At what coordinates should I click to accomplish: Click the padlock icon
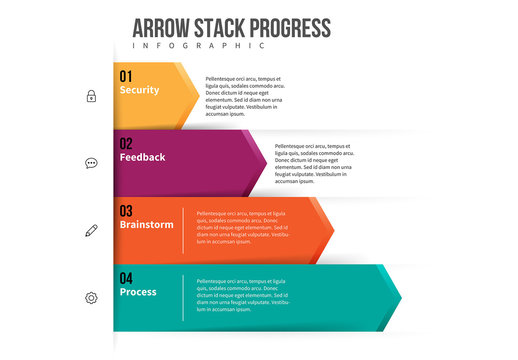pyautogui.click(x=91, y=96)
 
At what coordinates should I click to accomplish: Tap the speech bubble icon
pyautogui.click(x=91, y=163)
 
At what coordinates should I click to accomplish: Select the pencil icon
pyautogui.click(x=91, y=230)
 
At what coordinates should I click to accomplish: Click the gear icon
pyautogui.click(x=91, y=297)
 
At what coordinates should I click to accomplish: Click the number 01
pyautogui.click(x=126, y=76)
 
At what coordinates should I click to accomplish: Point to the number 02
pyautogui.click(x=126, y=143)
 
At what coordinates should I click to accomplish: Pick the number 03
pyautogui.click(x=126, y=211)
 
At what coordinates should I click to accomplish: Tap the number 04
pyautogui.click(x=126, y=278)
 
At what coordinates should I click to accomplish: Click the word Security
pyautogui.click(x=139, y=90)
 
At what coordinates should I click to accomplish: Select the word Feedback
pyautogui.click(x=142, y=157)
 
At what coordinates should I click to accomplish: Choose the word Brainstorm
pyautogui.click(x=146, y=225)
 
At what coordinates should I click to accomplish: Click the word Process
pyautogui.click(x=138, y=292)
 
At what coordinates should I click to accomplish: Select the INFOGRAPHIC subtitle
pyautogui.click(x=199, y=46)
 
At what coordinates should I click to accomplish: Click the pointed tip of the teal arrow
pyautogui.click(x=401, y=297)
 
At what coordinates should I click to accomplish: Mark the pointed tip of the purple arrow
pyautogui.click(x=267, y=162)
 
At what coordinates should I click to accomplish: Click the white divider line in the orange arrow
pyautogui.click(x=183, y=230)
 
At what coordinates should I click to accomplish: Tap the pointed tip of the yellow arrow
pyautogui.click(x=198, y=95)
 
